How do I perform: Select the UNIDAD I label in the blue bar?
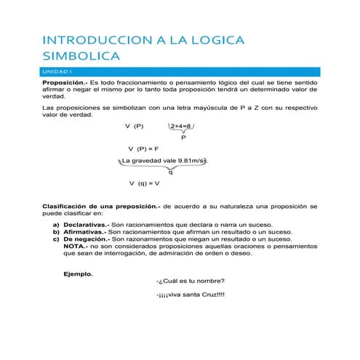tap(57, 71)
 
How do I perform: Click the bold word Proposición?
tap(64, 84)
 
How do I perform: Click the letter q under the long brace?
tap(170, 172)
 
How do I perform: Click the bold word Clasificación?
tap(69, 207)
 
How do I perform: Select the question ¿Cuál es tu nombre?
tap(191, 281)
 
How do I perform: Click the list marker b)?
tap(56, 232)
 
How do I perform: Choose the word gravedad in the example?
tap(148, 160)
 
